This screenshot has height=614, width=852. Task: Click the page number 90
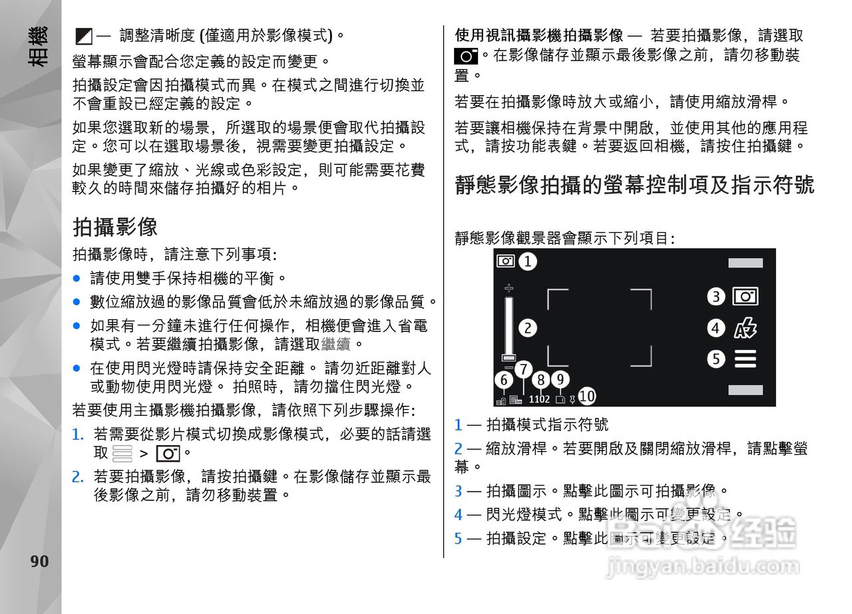[39, 561]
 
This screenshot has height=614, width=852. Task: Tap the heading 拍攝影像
[114, 227]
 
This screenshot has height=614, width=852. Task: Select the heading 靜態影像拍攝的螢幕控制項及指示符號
[634, 184]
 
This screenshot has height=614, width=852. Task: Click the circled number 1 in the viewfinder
[528, 261]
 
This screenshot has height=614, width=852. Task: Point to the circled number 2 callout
[528, 327]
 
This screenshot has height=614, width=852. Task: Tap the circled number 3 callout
[716, 297]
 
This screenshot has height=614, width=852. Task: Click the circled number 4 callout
[716, 328]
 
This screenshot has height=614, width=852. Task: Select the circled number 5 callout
[716, 359]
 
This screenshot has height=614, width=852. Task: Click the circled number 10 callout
[586, 396]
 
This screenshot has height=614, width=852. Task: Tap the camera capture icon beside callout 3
[745, 296]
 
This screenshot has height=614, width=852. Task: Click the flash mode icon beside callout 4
[745, 328]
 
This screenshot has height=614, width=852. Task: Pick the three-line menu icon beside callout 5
[745, 360]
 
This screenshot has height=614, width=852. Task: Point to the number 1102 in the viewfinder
[539, 399]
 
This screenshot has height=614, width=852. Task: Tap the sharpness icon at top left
[83, 36]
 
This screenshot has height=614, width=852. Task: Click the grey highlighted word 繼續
[335, 345]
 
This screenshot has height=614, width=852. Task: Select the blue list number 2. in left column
[78, 476]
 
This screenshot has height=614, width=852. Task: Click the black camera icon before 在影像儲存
[466, 56]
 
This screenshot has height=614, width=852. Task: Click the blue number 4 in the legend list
[458, 514]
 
